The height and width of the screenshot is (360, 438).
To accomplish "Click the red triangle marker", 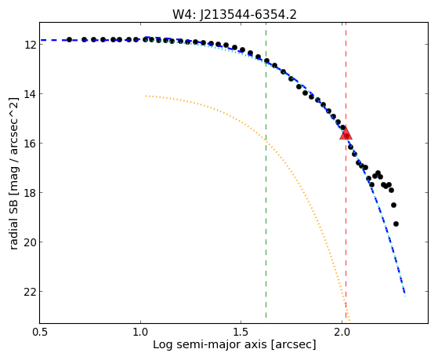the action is coord(346,133).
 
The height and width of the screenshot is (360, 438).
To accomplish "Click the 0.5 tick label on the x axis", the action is coord(40,332).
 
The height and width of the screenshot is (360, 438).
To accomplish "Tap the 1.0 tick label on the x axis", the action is coord(140,332).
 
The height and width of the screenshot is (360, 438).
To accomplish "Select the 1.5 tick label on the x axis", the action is coord(241,332).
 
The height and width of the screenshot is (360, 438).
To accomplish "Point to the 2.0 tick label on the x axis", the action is coord(342,332).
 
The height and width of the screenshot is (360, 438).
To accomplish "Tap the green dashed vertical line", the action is coord(266,170).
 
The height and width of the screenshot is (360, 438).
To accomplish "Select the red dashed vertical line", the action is coord(346,170).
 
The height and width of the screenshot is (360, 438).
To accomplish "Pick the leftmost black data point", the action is coord(69,40).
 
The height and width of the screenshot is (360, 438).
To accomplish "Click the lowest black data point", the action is coord(396,224).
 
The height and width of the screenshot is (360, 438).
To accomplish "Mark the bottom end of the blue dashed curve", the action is coord(405,294).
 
